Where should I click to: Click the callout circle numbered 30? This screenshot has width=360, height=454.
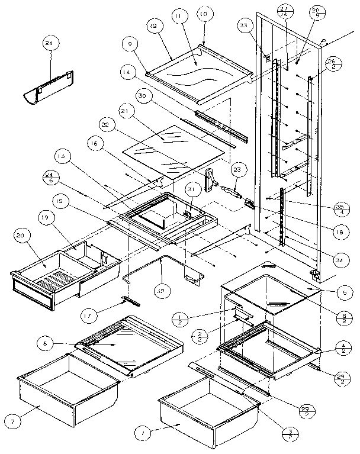click(140, 96)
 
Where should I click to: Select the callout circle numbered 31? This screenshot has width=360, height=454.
click(191, 189)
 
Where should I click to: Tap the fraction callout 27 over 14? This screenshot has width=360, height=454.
click(285, 11)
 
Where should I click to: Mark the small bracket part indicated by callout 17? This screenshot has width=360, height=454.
click(131, 301)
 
